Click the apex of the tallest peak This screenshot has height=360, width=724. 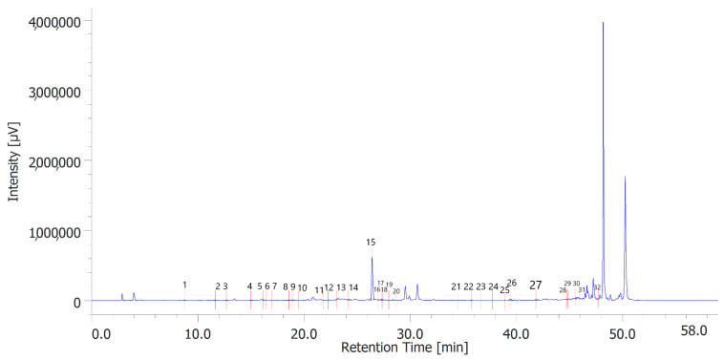(x=603, y=23)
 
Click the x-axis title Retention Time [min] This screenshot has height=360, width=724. (x=405, y=348)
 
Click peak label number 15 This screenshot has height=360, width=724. (x=371, y=243)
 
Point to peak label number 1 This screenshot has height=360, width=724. (x=184, y=285)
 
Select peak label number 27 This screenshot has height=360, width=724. (x=536, y=285)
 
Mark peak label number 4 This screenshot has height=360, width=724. (x=249, y=286)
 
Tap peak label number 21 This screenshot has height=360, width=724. (x=456, y=286)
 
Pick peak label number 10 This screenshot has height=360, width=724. (x=302, y=288)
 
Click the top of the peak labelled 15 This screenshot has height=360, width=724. (x=372, y=258)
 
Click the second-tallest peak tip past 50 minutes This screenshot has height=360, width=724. (x=625, y=177)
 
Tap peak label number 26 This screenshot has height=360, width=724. (x=512, y=283)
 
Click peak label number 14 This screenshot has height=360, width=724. (x=353, y=287)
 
